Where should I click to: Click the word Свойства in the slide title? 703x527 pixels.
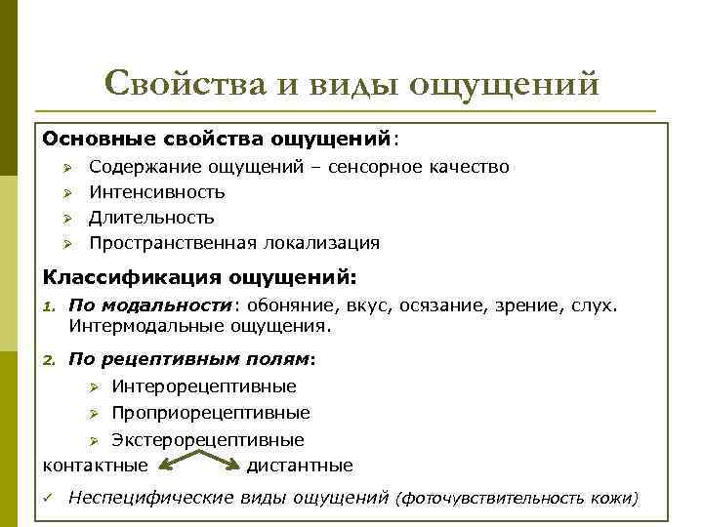pyautogui.click(x=185, y=84)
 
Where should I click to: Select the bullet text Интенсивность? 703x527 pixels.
pyautogui.click(x=156, y=192)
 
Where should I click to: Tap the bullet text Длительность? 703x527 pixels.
pyautogui.click(x=151, y=217)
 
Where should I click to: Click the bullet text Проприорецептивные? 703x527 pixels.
pyautogui.click(x=210, y=413)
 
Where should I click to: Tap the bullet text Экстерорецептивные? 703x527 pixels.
pyautogui.click(x=207, y=440)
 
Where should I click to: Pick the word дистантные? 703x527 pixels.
pyautogui.click(x=300, y=466)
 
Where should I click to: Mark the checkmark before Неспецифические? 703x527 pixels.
pyautogui.click(x=47, y=499)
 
